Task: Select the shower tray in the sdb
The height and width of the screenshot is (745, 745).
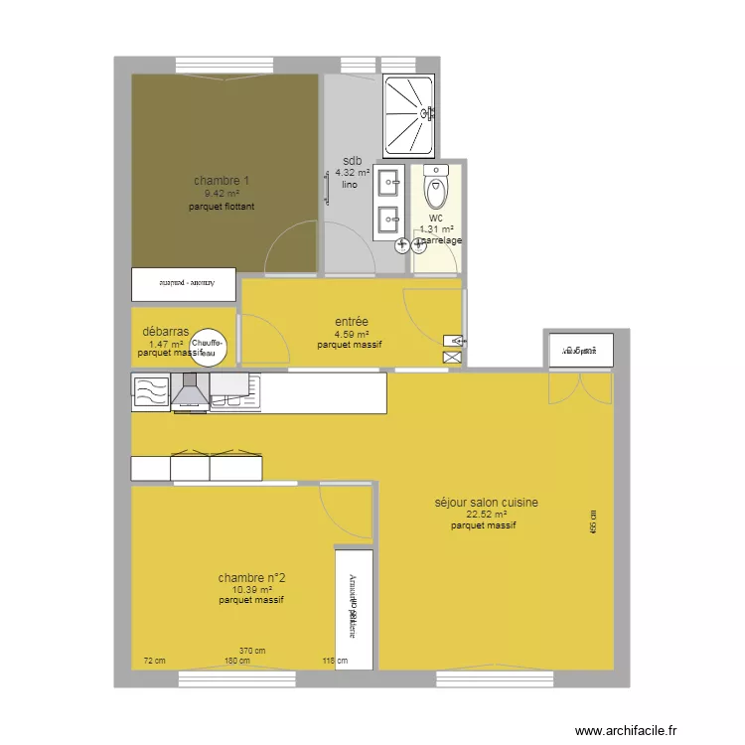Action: click(409, 114)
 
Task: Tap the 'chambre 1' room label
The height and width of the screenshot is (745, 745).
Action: click(222, 181)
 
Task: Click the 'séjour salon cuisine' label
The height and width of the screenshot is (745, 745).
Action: click(487, 503)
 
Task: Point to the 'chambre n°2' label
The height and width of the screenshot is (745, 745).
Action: click(252, 577)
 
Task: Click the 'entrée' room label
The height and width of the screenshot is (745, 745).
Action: click(352, 322)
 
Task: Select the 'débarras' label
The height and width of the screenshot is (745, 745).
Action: click(166, 332)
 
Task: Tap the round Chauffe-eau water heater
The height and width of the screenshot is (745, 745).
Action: click(210, 347)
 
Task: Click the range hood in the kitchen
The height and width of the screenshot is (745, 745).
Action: click(190, 392)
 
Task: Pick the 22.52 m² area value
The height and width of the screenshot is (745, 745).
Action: click(487, 515)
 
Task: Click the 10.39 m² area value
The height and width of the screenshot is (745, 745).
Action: click(251, 589)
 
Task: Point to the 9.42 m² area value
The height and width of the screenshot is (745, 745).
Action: click(222, 194)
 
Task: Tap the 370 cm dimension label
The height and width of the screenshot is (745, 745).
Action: click(252, 652)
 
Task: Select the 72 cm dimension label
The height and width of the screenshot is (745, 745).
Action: click(154, 661)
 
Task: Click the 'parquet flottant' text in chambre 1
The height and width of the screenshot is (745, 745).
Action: click(222, 207)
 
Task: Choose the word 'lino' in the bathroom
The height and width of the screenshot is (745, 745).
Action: click(349, 186)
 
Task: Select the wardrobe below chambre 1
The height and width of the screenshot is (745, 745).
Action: click(184, 284)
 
